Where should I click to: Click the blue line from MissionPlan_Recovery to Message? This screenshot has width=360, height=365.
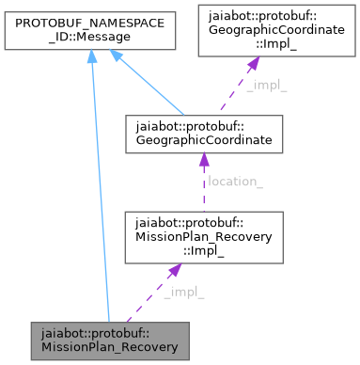tap(100, 188)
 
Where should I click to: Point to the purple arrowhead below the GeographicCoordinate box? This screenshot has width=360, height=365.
tap(204, 161)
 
